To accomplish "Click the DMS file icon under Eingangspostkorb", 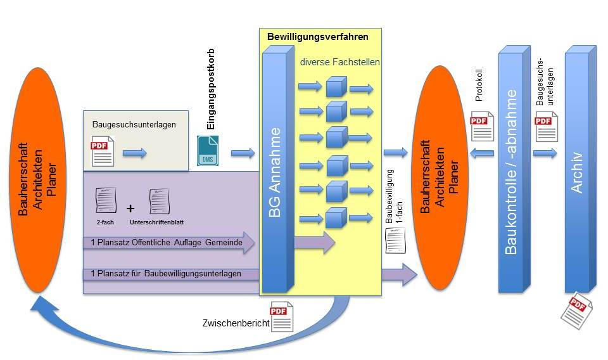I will click(x=207, y=151).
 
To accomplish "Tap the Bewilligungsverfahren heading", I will click(x=317, y=37).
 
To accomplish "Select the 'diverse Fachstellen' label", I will click(x=340, y=62).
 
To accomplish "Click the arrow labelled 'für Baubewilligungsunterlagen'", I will click(x=171, y=274).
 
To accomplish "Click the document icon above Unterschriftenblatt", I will click(x=160, y=201).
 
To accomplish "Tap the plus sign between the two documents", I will click(x=130, y=208).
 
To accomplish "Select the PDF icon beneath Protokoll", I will click(x=480, y=125).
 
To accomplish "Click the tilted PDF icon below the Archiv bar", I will click(x=576, y=309).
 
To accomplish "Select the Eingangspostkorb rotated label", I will click(x=212, y=89).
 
